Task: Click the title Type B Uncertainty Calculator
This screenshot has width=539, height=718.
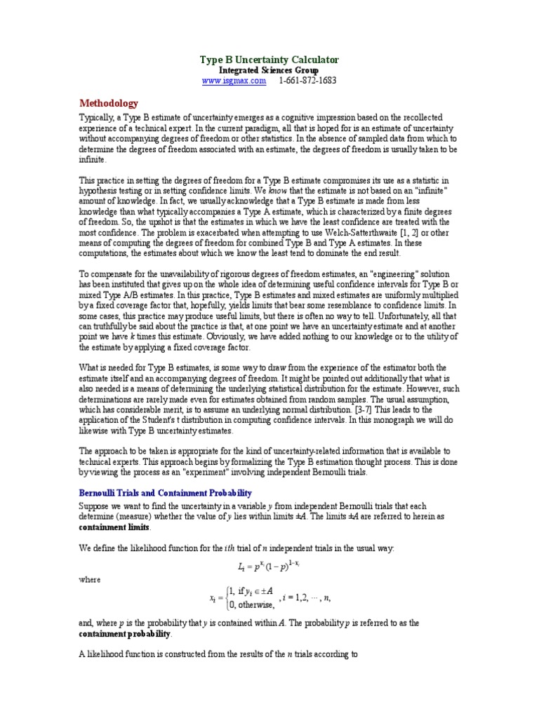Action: tap(269, 60)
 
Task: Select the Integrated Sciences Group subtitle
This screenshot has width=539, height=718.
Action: tap(269, 71)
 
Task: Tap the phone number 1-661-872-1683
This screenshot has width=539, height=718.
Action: tap(307, 81)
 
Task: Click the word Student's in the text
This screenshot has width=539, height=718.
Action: tap(164, 420)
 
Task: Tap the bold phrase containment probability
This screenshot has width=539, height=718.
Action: tap(124, 634)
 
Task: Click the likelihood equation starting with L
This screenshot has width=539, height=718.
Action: tap(269, 565)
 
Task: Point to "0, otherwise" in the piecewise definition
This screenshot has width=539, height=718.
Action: tap(246, 605)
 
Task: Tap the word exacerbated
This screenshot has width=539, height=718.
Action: tap(210, 232)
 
